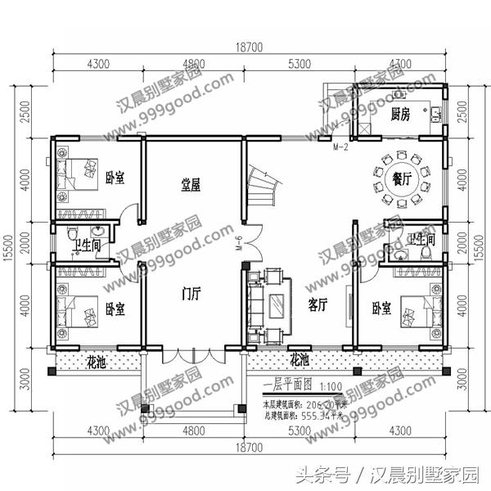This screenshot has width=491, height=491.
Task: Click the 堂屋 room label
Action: [x=191, y=186]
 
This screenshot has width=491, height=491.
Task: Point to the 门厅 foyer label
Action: [x=190, y=296]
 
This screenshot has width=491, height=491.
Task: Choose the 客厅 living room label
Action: [x=318, y=304]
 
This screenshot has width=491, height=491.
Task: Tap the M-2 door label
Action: [x=341, y=147]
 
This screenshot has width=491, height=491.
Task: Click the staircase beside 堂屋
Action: [x=264, y=182]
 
